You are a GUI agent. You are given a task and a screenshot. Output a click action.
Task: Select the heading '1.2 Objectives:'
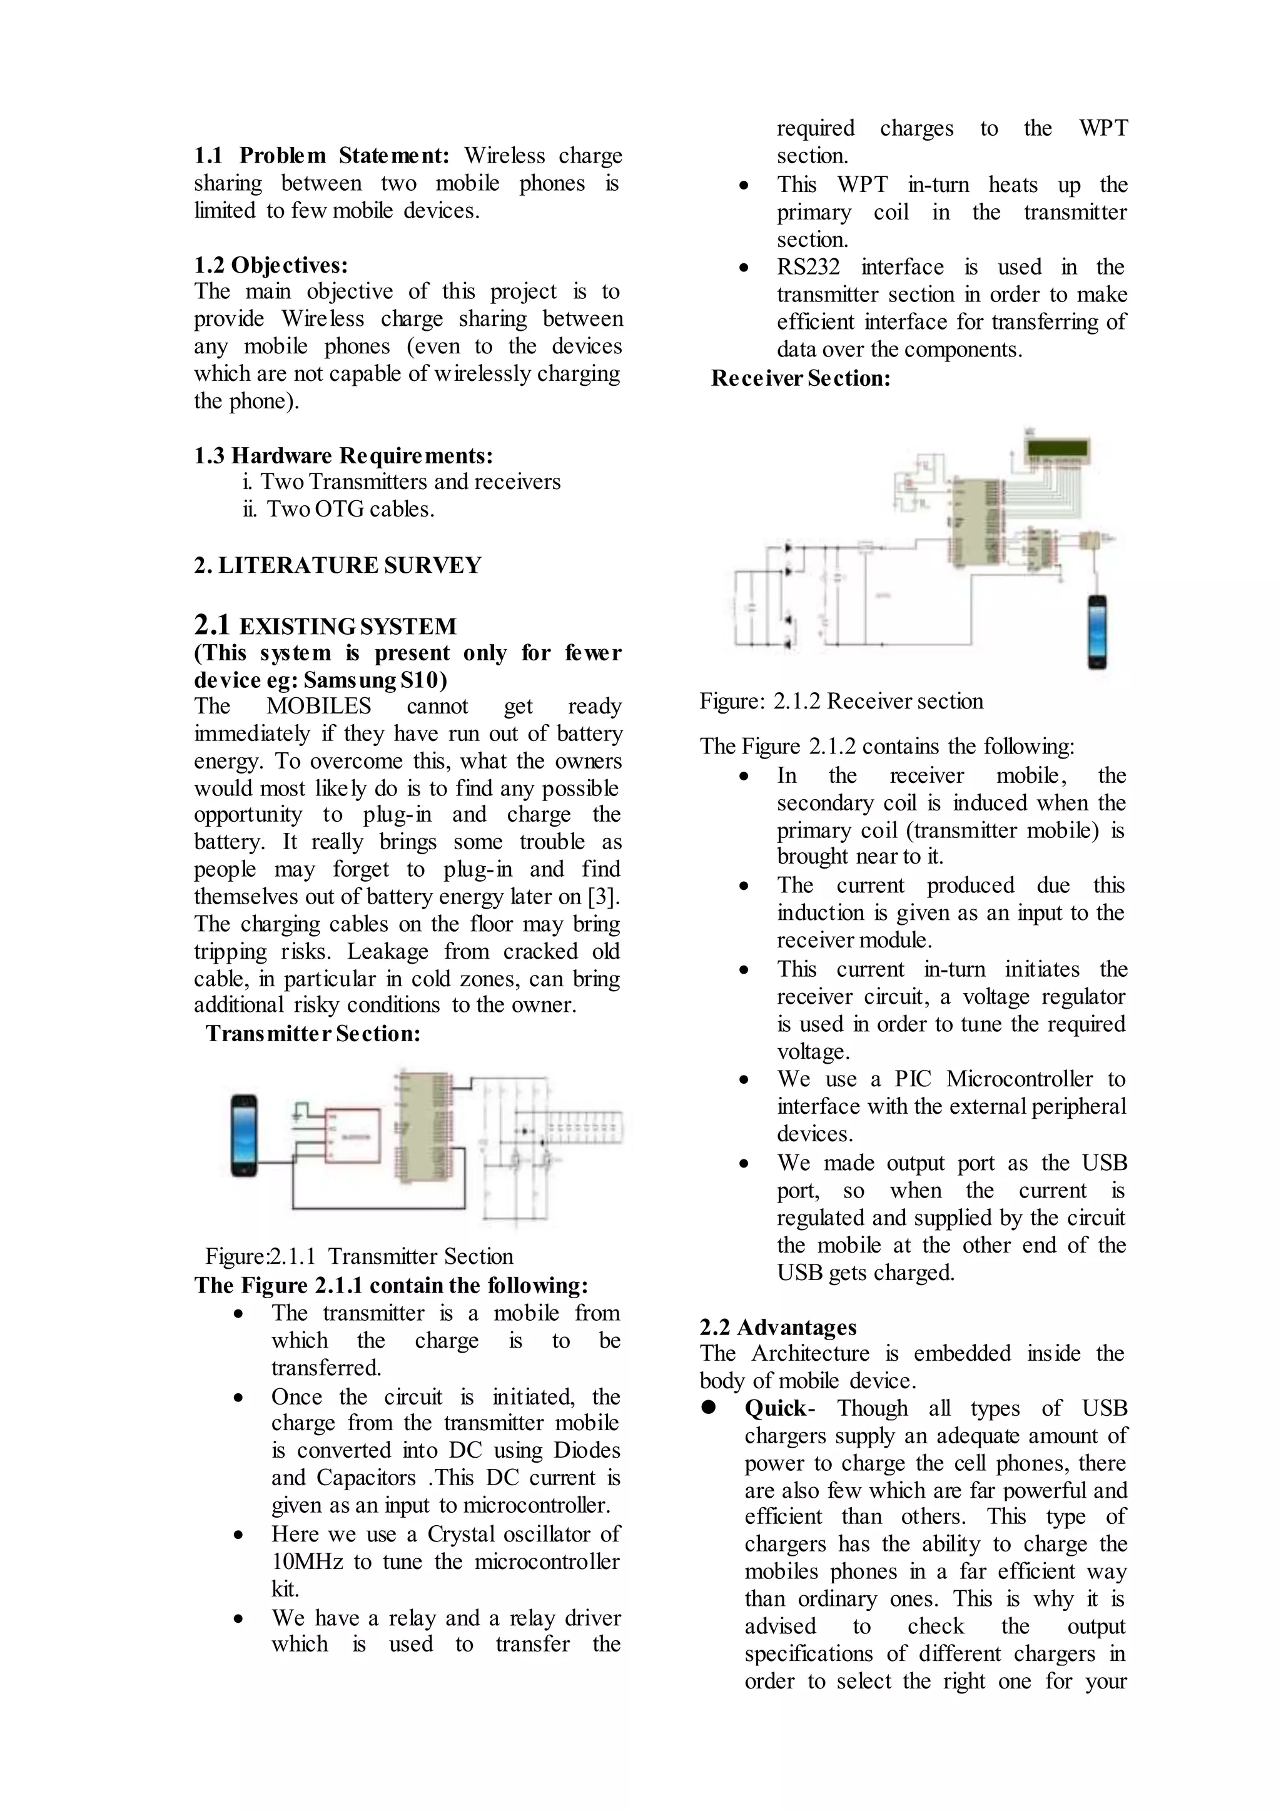pos(271,265)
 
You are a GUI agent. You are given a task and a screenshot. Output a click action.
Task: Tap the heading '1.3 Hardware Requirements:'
pos(343,456)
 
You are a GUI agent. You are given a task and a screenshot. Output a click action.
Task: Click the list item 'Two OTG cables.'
pos(350,510)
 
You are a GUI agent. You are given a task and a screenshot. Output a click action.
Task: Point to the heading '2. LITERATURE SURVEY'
pos(338,565)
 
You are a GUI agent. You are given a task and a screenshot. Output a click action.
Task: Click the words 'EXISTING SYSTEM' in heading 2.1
pos(348,627)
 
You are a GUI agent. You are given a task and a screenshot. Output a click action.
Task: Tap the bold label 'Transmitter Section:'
pos(313,1033)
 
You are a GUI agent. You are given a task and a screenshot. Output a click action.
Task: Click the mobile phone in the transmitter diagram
pos(244,1136)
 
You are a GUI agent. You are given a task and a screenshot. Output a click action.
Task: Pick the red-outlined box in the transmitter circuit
pos(353,1136)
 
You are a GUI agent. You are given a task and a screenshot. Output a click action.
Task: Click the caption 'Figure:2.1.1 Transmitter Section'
pos(359,1256)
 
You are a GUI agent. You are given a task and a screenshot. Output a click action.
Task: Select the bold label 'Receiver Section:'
pos(801,378)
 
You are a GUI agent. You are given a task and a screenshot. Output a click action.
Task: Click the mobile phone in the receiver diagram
pos(1097,632)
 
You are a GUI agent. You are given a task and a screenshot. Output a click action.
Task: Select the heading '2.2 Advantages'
pos(777,1328)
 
